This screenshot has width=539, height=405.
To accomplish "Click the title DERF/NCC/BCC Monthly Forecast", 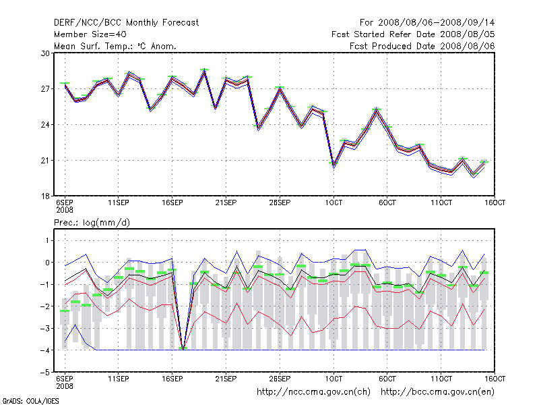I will pyautogui.click(x=126, y=22).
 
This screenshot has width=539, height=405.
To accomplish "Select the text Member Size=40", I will pyautogui.click(x=90, y=34).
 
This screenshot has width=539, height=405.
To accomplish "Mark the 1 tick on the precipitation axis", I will pyautogui.click(x=46, y=240).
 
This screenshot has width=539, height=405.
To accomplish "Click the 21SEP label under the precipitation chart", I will pyautogui.click(x=226, y=379).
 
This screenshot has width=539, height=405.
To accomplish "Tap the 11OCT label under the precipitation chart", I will pyautogui.click(x=441, y=379).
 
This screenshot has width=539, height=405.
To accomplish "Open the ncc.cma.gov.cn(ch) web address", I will pyautogui.click(x=315, y=391).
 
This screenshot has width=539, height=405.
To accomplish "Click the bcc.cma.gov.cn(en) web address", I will pyautogui.click(x=439, y=391).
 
